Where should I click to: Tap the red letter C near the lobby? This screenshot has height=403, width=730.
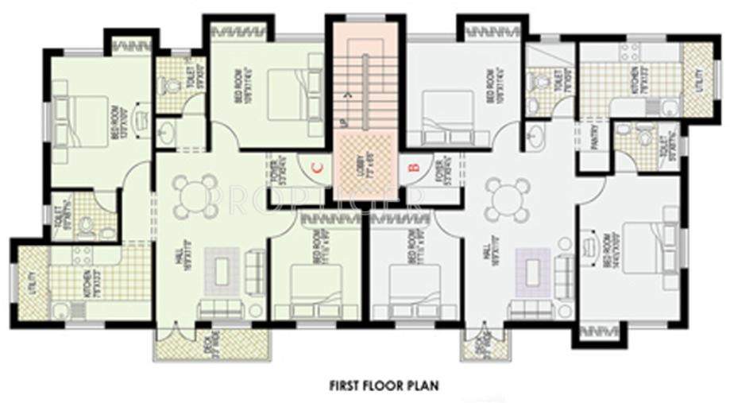pos(316,168)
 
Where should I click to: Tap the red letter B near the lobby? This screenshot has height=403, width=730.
pos(413,168)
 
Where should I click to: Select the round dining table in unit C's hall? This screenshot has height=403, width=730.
pos(195,196)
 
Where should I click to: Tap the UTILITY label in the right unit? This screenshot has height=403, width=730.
pos(698,80)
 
